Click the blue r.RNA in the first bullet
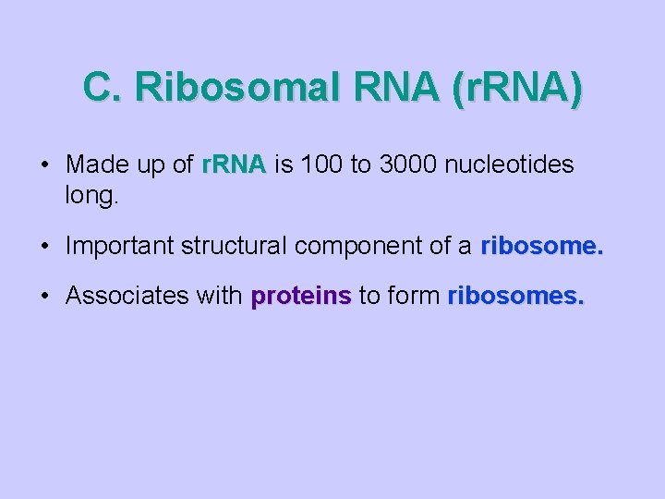pyautogui.click(x=234, y=165)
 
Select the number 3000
pyautogui.click(x=405, y=165)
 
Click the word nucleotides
pyautogui.click(x=510, y=165)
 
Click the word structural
pyautogui.click(x=235, y=246)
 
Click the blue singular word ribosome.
pyautogui.click(x=541, y=246)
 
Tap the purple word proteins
pyautogui.click(x=301, y=297)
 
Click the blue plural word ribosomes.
pyautogui.click(x=515, y=296)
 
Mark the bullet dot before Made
pyautogui.click(x=44, y=166)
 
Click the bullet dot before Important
pyautogui.click(x=44, y=247)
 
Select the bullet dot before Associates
pyautogui.click(x=44, y=297)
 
